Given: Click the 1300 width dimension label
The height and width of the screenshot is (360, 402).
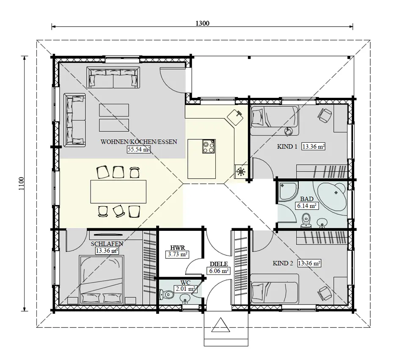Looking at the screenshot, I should [x=203, y=23].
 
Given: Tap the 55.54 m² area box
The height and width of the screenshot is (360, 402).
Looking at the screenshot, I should [x=139, y=149].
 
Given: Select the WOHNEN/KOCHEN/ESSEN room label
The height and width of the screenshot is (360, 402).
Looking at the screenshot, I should [x=138, y=142].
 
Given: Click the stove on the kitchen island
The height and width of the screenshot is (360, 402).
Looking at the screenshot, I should [x=209, y=147].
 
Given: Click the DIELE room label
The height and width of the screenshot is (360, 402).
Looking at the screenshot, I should [x=218, y=264].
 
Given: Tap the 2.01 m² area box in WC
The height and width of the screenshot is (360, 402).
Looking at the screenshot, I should [x=186, y=289].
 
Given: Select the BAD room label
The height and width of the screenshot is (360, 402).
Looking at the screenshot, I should [x=307, y=199].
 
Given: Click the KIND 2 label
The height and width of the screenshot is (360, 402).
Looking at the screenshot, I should [x=284, y=263].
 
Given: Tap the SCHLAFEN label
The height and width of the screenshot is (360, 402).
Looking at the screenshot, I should [x=107, y=244].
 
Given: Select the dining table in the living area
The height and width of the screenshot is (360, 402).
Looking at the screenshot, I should [x=118, y=191].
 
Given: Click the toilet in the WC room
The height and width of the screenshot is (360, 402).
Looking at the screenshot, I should [x=165, y=294].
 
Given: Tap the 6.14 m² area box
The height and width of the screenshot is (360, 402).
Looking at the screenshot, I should [x=307, y=206].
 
